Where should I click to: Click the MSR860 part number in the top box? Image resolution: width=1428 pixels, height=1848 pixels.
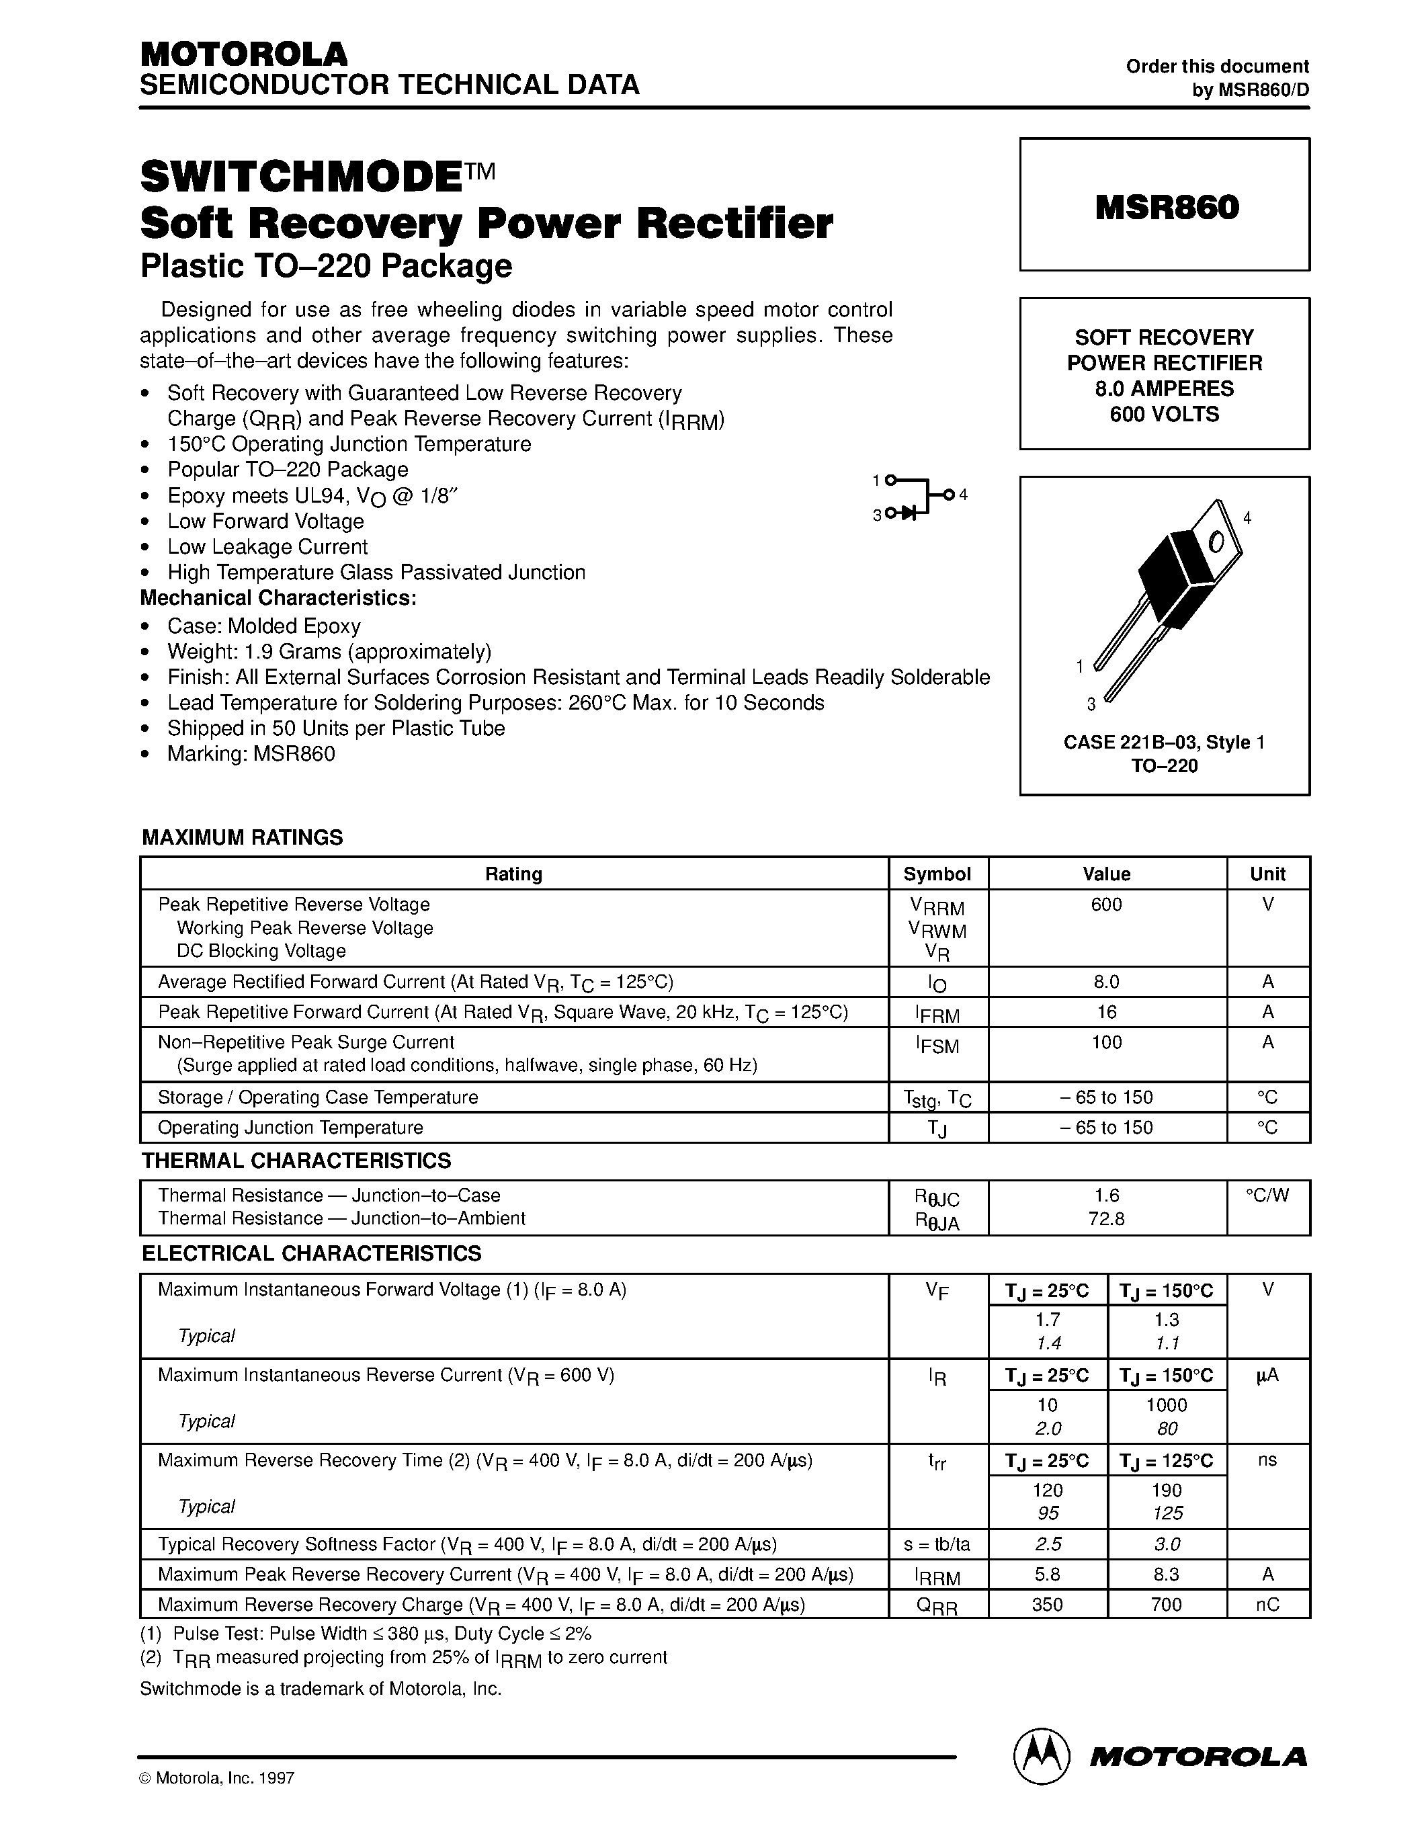click(1167, 207)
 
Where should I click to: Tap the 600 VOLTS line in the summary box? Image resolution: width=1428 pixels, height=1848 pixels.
click(1164, 415)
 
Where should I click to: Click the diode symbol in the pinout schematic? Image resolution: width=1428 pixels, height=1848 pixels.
click(909, 513)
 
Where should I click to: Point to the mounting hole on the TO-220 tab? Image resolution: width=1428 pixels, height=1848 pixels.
click(1216, 542)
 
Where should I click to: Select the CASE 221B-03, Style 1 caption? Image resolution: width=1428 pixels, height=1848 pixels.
click(1164, 742)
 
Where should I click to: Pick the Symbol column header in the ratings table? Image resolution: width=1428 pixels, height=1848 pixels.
click(937, 874)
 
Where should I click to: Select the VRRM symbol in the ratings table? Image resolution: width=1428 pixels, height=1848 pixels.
click(937, 907)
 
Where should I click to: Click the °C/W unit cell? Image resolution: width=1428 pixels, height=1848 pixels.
click(1267, 1195)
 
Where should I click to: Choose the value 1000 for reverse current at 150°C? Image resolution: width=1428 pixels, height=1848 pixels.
click(1166, 1405)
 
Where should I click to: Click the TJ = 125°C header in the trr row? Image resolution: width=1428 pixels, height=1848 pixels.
click(1166, 1460)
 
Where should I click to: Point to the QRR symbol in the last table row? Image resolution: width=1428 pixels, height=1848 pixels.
click(937, 1606)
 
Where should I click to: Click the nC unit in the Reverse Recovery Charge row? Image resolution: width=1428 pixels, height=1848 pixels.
click(1267, 1604)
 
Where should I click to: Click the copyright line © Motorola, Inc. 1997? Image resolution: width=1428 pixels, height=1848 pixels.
click(216, 1802)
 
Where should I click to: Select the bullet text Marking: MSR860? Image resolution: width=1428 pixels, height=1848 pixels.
click(251, 754)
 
